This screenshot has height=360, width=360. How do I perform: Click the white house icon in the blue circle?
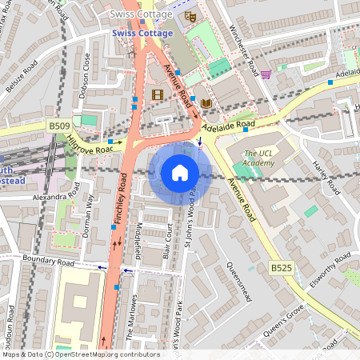180,173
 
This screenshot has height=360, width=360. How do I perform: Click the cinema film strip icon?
156,94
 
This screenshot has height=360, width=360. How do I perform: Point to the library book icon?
206,103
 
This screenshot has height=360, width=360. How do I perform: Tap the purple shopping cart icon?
266,74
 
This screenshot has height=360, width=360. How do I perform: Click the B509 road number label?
58,126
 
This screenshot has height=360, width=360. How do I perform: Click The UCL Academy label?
259,158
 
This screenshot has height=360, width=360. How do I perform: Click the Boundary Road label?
48,262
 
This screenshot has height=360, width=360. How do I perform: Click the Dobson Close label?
86,72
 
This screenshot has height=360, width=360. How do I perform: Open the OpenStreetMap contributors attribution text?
80,354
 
